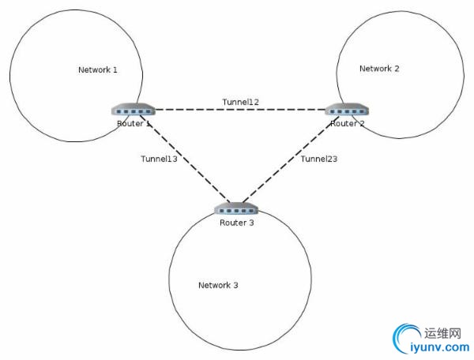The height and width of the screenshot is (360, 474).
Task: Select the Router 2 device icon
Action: point(346,110)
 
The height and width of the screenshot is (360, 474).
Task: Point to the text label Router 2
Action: point(347,123)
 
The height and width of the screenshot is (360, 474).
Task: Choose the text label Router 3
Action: point(236,223)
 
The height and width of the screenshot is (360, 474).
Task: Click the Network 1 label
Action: point(98,70)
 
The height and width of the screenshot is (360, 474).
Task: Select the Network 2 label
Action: point(379,69)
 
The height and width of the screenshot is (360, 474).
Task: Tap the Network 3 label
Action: point(218,285)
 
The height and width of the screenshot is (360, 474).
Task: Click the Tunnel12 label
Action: point(241,102)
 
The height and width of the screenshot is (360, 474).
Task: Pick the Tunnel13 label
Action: point(159,159)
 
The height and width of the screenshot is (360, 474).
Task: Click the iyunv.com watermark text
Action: point(440,346)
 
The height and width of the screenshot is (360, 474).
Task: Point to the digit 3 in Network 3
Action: point(235,285)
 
